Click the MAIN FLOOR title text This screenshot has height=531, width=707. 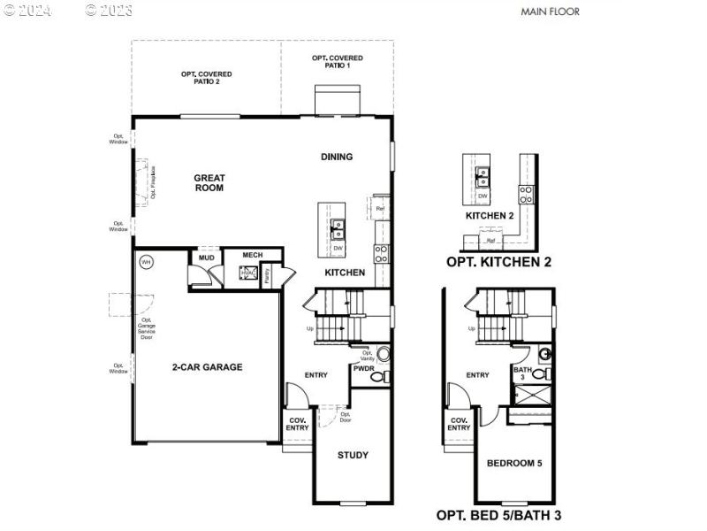point(550,12)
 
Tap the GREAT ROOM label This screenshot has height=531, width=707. point(209,182)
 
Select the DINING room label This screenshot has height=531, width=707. point(337,157)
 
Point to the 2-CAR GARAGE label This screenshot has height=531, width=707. point(207,367)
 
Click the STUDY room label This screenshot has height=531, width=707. point(353,455)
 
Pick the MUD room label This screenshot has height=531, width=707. point(206,258)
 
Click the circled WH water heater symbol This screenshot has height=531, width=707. point(147,262)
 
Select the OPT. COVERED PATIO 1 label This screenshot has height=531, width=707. point(337,61)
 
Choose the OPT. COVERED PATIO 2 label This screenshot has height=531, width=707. point(200,77)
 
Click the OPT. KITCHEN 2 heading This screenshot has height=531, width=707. point(498,262)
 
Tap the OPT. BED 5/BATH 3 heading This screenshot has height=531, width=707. point(498,514)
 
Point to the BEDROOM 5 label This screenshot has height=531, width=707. point(514,463)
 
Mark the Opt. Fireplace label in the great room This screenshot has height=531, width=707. point(153,181)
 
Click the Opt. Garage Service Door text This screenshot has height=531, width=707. point(146,328)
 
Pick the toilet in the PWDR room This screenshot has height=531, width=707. point(377,377)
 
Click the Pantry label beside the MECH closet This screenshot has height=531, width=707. point(267,275)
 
